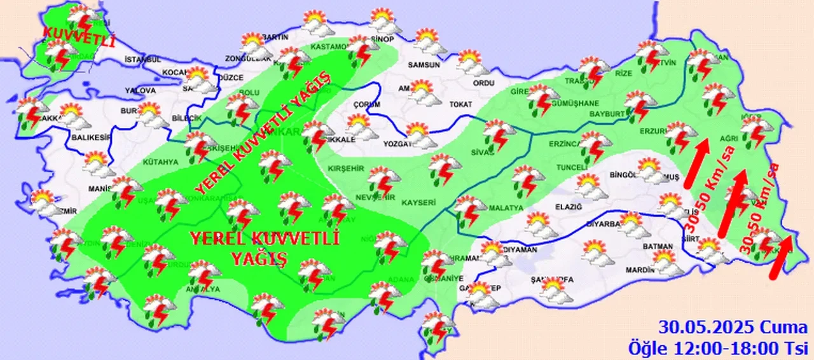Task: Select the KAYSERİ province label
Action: coord(418,202)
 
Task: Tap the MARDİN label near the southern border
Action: coord(638,270)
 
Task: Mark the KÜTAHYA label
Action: coord(161,162)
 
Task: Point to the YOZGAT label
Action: coord(399,144)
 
